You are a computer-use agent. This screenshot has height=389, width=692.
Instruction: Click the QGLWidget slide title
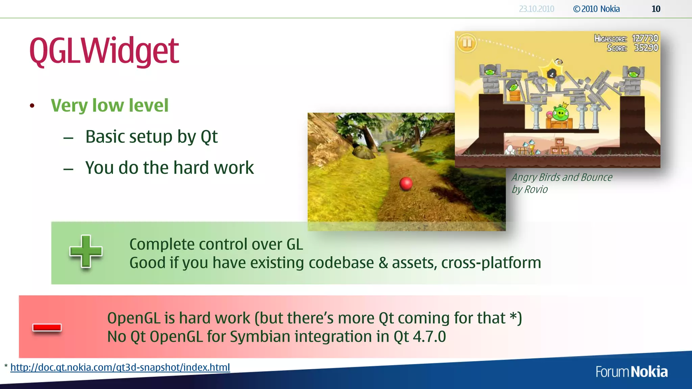coord(104,51)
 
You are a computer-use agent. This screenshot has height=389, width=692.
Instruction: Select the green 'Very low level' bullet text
coord(109,105)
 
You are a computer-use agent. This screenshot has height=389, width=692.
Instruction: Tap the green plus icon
coord(86,252)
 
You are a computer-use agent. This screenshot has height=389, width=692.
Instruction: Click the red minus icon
coord(47,327)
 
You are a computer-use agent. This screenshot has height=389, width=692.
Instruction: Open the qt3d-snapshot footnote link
coord(120,367)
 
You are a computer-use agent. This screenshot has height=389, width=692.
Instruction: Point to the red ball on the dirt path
coord(406,183)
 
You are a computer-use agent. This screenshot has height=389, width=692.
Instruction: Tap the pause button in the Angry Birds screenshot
coord(467,43)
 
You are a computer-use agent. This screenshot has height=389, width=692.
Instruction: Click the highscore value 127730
coord(645,38)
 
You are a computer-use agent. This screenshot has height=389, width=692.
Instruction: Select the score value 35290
coord(646,48)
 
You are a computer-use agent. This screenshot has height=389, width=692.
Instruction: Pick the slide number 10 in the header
coord(656,9)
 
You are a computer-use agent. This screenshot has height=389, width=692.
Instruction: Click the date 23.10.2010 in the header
coord(537,9)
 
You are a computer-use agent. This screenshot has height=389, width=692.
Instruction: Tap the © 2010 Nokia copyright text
coord(596,9)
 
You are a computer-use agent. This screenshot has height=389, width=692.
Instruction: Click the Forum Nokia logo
coord(632,372)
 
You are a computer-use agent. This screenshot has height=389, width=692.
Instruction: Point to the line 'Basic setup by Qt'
coord(151,137)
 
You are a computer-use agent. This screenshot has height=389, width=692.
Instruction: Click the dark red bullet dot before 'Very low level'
coord(32,106)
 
